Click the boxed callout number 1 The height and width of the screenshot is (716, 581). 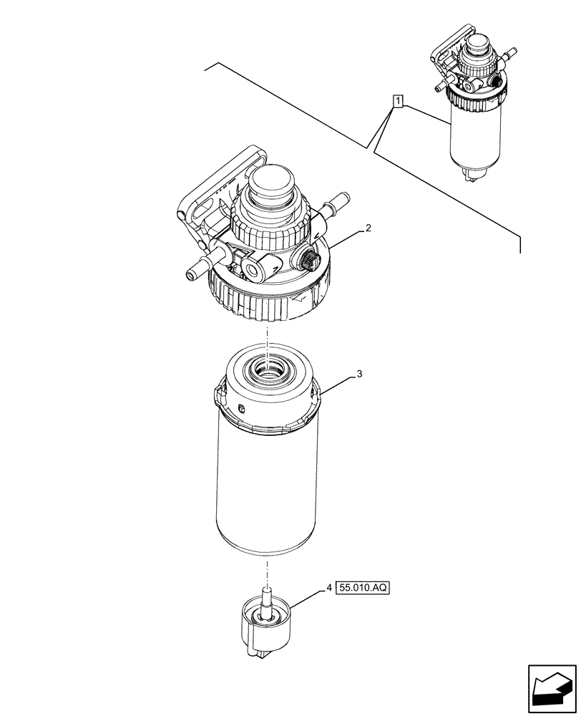[x=398, y=100]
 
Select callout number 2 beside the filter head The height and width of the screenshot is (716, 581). [x=367, y=228]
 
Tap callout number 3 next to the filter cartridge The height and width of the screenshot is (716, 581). [x=360, y=374]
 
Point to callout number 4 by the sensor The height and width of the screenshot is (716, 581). [x=328, y=588]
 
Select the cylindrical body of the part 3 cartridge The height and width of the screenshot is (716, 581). [x=267, y=487]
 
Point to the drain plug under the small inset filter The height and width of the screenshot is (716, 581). [x=472, y=173]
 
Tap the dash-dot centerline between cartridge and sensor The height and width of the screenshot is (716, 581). [x=267, y=569]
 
